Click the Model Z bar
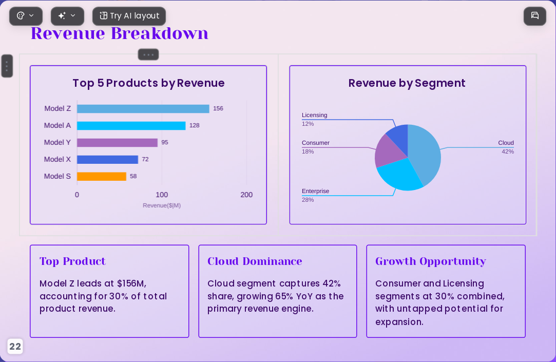click(x=143, y=109)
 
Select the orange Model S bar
click(x=102, y=177)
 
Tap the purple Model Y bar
click(x=117, y=143)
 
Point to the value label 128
click(x=194, y=125)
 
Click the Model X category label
click(x=57, y=160)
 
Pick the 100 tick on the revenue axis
click(x=162, y=195)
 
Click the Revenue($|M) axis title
click(x=162, y=205)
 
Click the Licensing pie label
click(x=315, y=115)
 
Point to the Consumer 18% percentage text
click(x=308, y=152)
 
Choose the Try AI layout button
click(x=129, y=16)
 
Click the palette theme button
click(x=26, y=16)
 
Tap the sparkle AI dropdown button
click(x=67, y=16)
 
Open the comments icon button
click(x=535, y=16)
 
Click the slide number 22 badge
click(x=15, y=347)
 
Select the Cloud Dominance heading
click(x=255, y=261)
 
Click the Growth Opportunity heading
click(x=430, y=261)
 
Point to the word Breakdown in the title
click(x=160, y=33)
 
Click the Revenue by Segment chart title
click(x=407, y=83)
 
